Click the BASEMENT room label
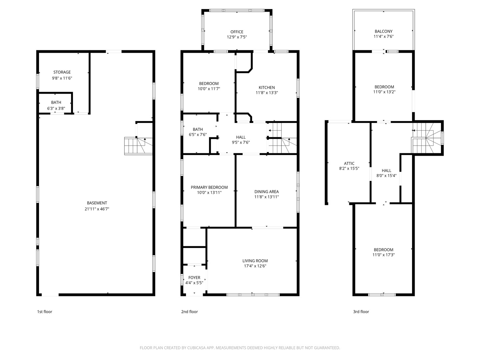[97, 203]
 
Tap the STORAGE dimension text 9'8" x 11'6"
[62, 78]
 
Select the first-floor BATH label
[56, 102]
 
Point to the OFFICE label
[237, 32]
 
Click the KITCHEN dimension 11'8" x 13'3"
[267, 93]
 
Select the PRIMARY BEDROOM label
[209, 187]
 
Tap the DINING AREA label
[266, 192]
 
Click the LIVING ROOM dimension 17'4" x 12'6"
[255, 266]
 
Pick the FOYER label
[194, 278]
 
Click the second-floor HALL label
[241, 137]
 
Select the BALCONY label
[383, 31]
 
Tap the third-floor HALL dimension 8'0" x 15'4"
[386, 176]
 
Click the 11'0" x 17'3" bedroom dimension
[383, 255]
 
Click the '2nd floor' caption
[189, 312]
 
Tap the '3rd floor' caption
[361, 312]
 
